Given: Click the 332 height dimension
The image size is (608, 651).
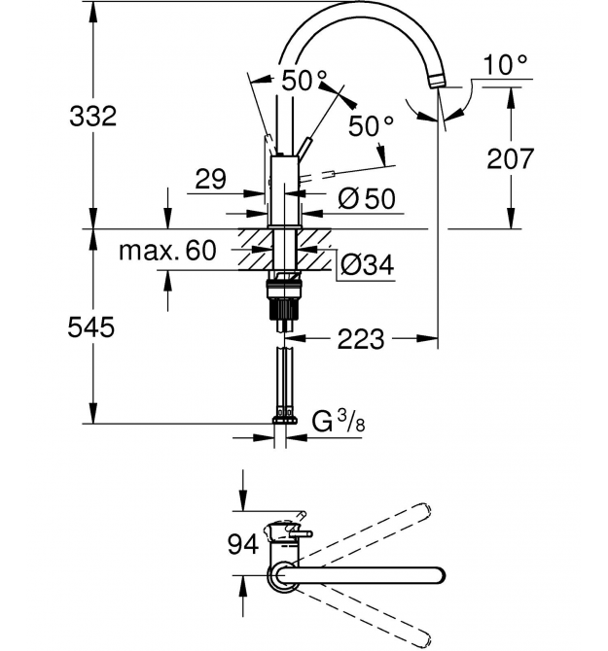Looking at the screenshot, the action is [92, 116].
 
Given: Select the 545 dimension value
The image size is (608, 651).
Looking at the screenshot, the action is [90, 326].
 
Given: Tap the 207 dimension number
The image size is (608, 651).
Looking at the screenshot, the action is [510, 158].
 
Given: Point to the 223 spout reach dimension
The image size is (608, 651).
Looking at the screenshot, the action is [360, 339].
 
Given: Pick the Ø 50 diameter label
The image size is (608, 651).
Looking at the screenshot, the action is [366, 198].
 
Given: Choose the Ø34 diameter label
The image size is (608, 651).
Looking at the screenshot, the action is [367, 264].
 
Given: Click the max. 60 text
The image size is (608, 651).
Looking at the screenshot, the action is [167, 251].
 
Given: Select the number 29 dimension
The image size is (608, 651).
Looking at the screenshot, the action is [211, 179].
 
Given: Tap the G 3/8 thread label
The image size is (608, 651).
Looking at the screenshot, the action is [339, 423].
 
